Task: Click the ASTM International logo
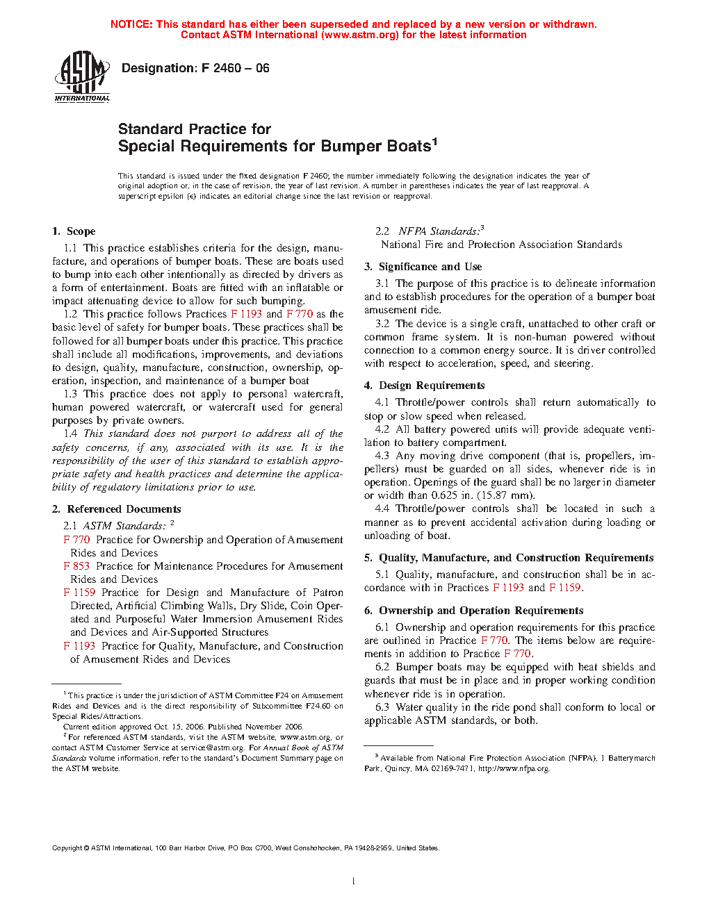click(x=82, y=76)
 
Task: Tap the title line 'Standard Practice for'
click(x=194, y=129)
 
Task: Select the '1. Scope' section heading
click(x=74, y=231)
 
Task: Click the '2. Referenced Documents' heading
click(x=117, y=509)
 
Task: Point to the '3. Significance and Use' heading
click(x=423, y=267)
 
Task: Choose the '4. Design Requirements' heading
click(x=424, y=386)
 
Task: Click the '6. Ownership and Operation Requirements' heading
click(x=473, y=611)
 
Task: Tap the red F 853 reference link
click(x=76, y=566)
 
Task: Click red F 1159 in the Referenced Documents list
click(x=79, y=593)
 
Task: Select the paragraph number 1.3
click(x=70, y=394)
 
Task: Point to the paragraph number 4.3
click(x=382, y=456)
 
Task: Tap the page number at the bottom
click(x=354, y=882)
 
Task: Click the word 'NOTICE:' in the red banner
click(x=131, y=24)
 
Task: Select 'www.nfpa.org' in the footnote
click(x=523, y=768)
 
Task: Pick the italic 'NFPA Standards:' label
click(x=439, y=231)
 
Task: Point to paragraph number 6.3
click(x=382, y=707)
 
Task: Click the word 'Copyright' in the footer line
click(x=67, y=848)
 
